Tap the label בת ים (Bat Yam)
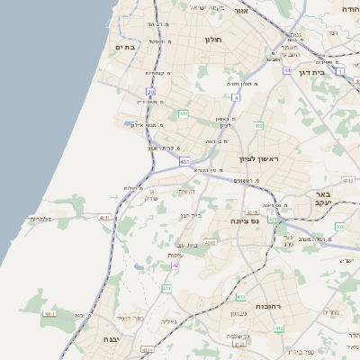(x=125, y=47)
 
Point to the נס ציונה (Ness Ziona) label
(x=245, y=220)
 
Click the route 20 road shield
(x=150, y=93)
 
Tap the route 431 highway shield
(x=184, y=162)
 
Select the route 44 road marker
(x=287, y=70)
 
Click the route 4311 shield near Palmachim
(x=105, y=218)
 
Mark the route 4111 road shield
(x=49, y=314)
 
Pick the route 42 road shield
(x=175, y=265)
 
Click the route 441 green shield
(x=183, y=114)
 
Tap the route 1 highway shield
(x=340, y=70)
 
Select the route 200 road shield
(x=338, y=228)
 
